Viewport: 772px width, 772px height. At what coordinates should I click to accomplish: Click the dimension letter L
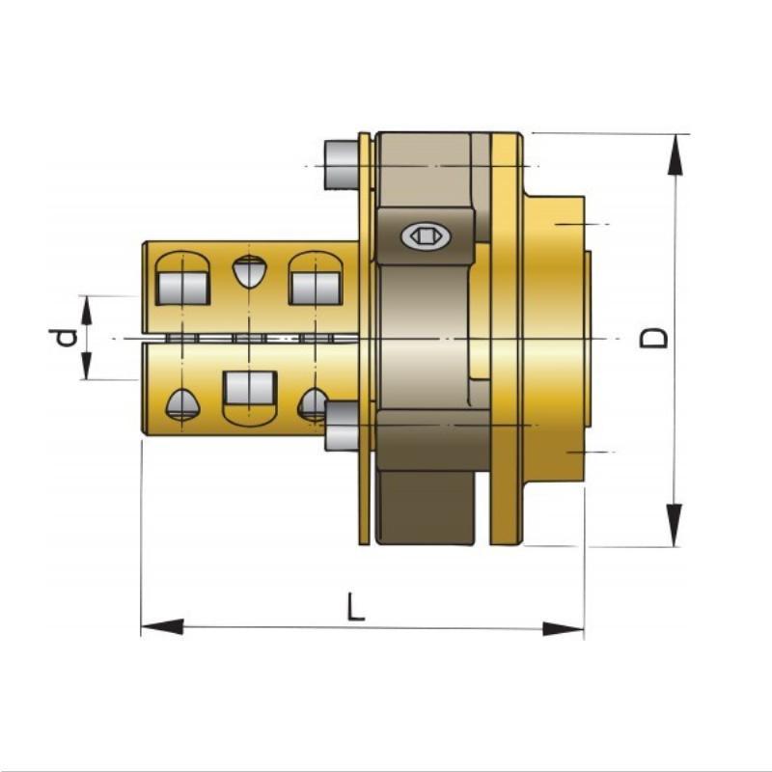(355, 607)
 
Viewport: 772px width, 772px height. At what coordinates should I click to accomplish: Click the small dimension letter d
(63, 338)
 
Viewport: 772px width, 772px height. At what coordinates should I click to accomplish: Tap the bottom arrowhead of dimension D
(675, 525)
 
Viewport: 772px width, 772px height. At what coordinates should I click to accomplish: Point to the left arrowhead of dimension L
(162, 627)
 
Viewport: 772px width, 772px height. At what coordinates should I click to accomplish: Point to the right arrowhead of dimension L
(564, 629)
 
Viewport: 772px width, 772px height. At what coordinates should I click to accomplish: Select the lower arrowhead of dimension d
(87, 366)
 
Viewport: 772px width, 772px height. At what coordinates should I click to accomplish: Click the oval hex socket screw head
(426, 236)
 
